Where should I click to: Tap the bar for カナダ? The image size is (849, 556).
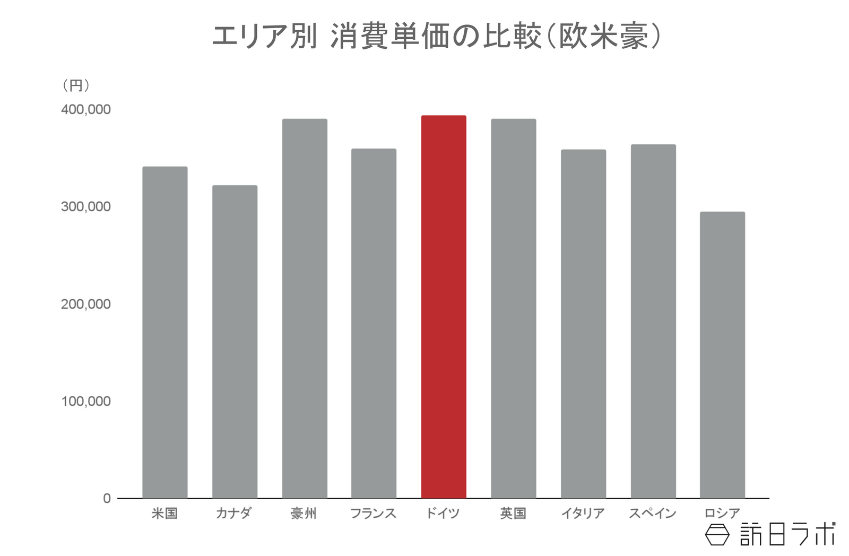[x=235, y=342]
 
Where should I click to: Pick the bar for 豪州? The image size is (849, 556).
[x=305, y=308]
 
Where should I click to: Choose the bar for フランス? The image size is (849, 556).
[x=374, y=323]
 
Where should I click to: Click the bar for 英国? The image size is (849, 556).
[x=513, y=308]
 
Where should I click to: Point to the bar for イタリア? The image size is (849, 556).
[x=583, y=324]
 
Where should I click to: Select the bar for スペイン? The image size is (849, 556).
[x=653, y=321]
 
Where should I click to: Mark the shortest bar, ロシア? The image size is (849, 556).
[x=722, y=355]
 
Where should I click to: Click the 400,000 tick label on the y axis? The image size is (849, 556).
[x=85, y=110]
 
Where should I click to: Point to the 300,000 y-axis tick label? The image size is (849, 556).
[x=85, y=207]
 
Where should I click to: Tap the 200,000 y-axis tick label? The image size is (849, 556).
[x=85, y=305]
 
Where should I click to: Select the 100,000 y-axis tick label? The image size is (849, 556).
[x=85, y=402]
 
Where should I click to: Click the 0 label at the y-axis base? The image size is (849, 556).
[x=107, y=499]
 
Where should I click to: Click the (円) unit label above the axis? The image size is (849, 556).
[x=76, y=85]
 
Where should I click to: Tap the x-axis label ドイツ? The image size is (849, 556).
[x=443, y=514]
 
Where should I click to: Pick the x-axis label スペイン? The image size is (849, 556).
[x=653, y=514]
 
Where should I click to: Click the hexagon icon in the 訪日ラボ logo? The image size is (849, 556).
[x=717, y=535]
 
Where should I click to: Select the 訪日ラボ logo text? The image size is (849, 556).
[x=787, y=534]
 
